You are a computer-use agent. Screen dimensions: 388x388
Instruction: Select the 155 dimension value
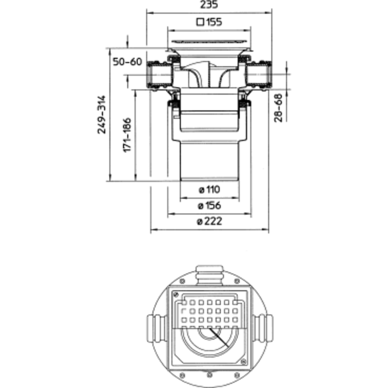pyautogui.click(x=213, y=22)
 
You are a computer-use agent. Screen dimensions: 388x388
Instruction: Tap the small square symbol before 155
pyautogui.click(x=200, y=22)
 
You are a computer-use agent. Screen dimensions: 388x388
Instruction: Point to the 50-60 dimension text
pyautogui.click(x=127, y=62)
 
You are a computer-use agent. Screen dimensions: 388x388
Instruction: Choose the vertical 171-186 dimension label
pyautogui.click(x=127, y=135)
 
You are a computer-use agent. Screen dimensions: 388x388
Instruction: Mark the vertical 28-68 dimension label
pyautogui.click(x=278, y=108)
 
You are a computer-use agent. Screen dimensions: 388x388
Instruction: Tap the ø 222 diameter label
pyautogui.click(x=209, y=222)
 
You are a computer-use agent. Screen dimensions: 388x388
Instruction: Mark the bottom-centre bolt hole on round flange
pyautogui.click(x=210, y=376)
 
